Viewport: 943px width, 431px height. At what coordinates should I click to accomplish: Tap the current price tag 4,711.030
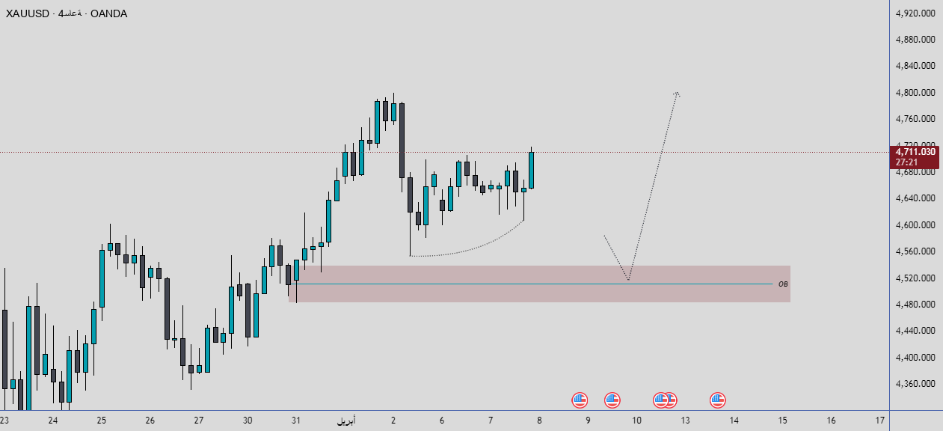tap(915, 152)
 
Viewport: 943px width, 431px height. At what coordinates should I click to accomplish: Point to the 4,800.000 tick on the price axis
tap(915, 93)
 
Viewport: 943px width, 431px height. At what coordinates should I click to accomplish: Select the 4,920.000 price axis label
tap(915, 13)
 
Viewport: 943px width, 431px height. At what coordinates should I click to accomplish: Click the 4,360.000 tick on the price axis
tap(915, 384)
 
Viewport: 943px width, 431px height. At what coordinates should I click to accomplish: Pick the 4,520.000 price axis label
tap(915, 278)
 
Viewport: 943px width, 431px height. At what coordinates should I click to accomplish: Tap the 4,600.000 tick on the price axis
tap(915, 225)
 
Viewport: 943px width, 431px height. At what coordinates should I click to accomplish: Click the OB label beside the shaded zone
tap(783, 284)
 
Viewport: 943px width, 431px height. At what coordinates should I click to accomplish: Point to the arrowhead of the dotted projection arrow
tap(677, 93)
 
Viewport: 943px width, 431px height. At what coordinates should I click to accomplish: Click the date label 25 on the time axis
tap(101, 421)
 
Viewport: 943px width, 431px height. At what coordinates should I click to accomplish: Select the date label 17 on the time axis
tap(879, 421)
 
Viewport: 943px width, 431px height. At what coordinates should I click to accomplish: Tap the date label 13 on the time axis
tap(685, 421)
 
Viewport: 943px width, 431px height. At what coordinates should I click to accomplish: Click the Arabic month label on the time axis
tap(345, 421)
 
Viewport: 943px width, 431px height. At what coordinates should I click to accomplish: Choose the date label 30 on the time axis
tap(248, 421)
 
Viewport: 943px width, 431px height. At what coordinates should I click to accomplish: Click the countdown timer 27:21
tap(906, 162)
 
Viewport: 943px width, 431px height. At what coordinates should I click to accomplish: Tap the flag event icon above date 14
tap(718, 400)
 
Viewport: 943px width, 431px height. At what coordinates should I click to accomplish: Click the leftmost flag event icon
tap(580, 400)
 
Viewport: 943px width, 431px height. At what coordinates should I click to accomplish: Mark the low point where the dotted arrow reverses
tap(628, 281)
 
